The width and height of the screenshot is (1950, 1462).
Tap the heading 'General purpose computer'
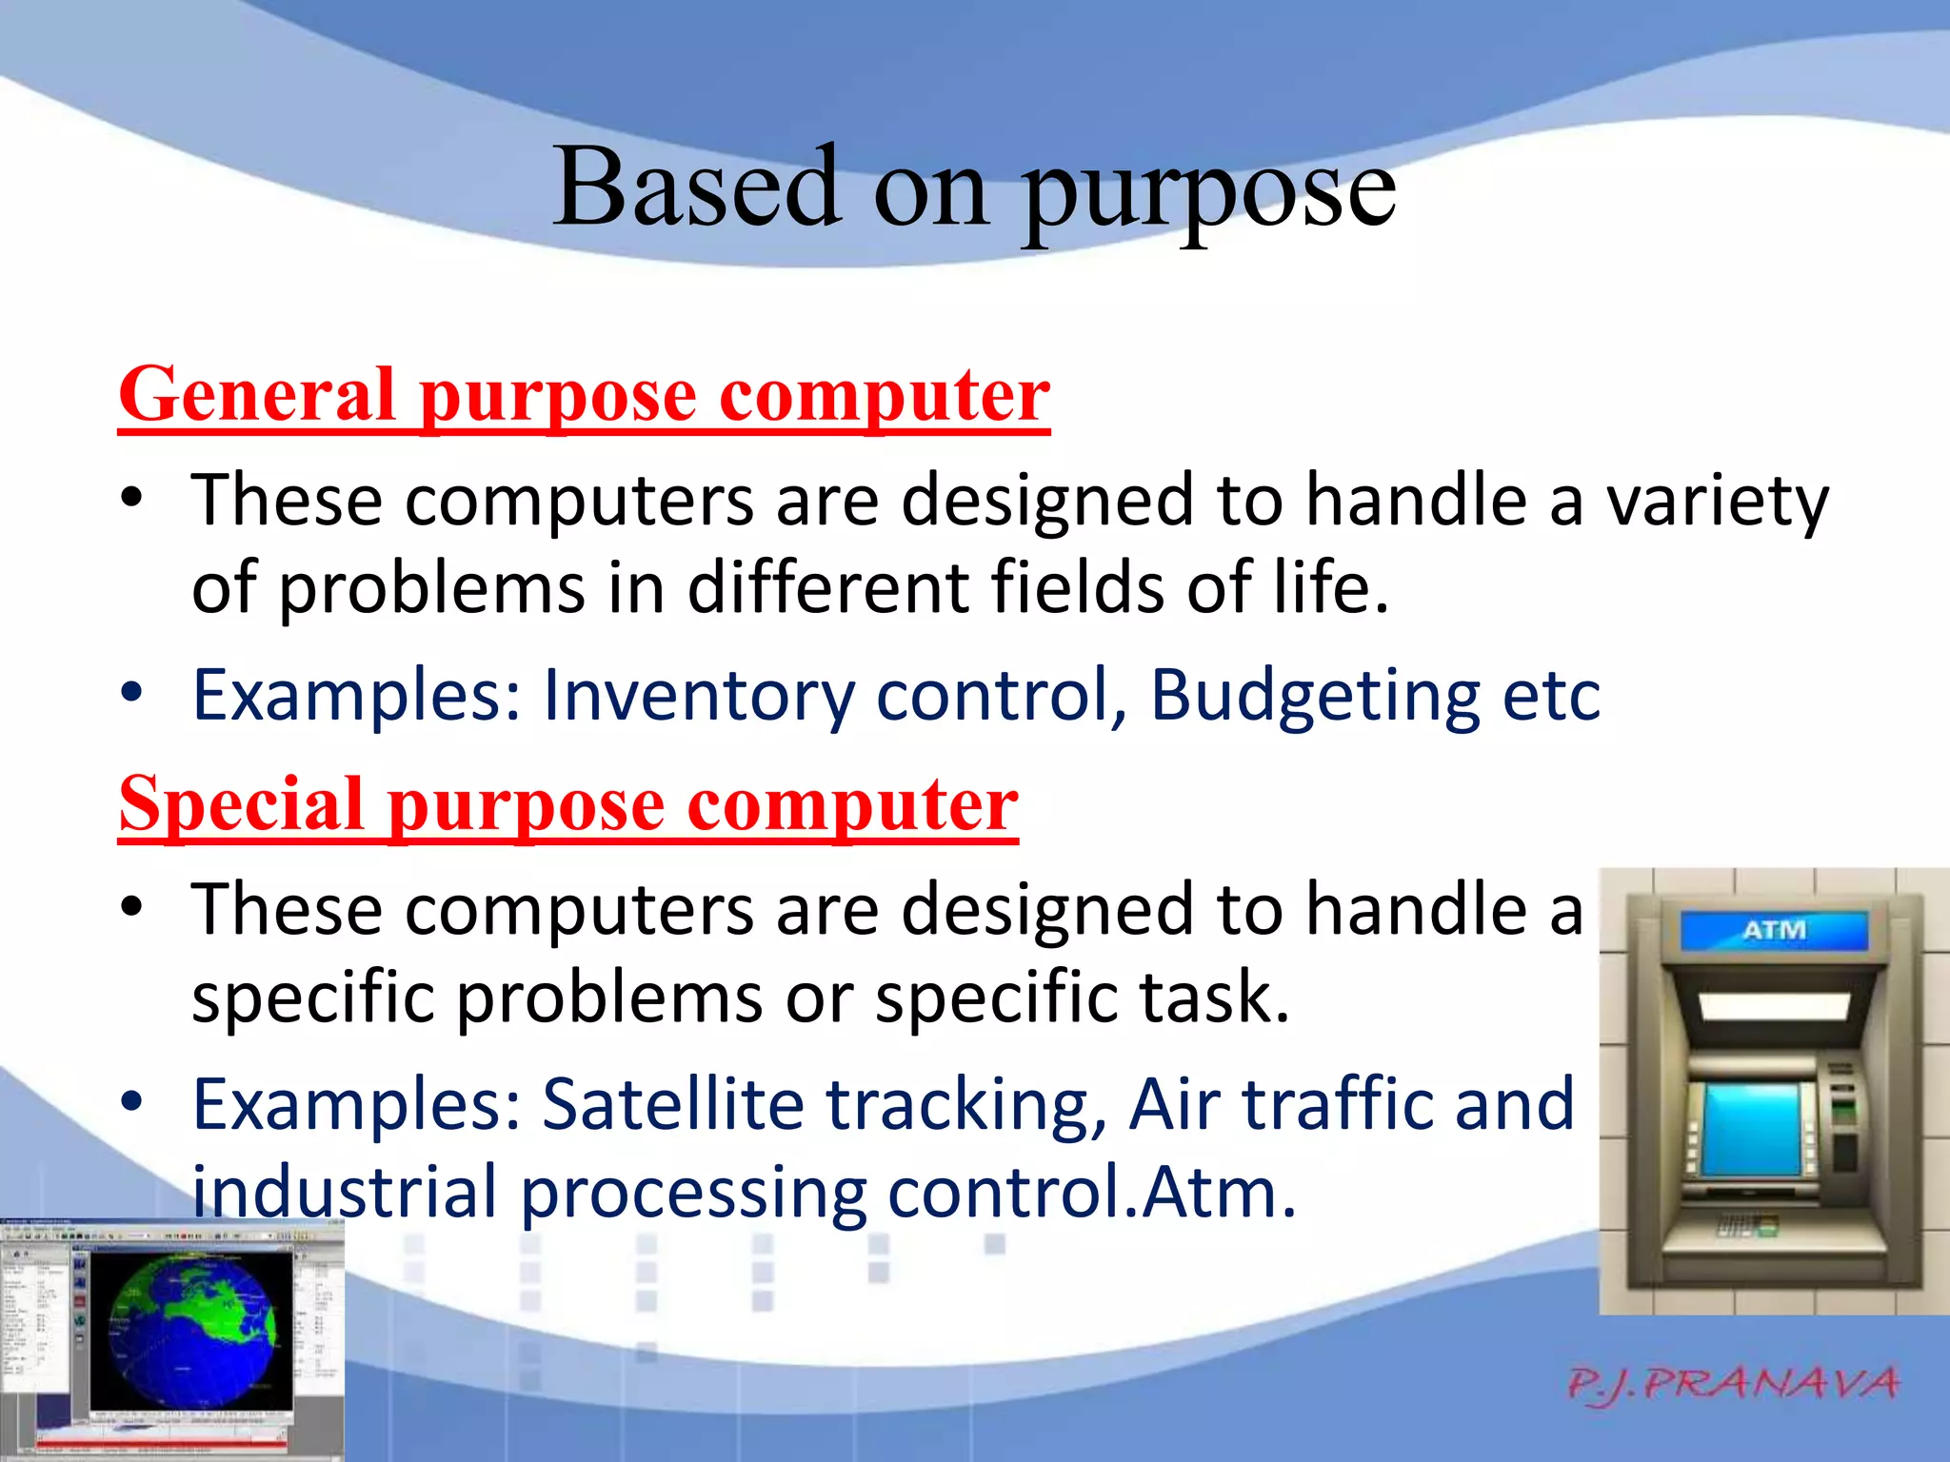[x=584, y=395]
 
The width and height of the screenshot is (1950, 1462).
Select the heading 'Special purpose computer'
[x=568, y=804]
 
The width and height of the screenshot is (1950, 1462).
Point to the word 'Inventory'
[x=698, y=696]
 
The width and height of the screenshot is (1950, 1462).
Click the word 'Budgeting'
[x=1314, y=696]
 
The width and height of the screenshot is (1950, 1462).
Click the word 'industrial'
[x=345, y=1192]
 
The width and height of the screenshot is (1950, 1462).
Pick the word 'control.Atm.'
[x=1092, y=1192]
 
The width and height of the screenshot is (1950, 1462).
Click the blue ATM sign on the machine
[x=1773, y=930]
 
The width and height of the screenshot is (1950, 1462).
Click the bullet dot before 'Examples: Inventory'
[x=132, y=692]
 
